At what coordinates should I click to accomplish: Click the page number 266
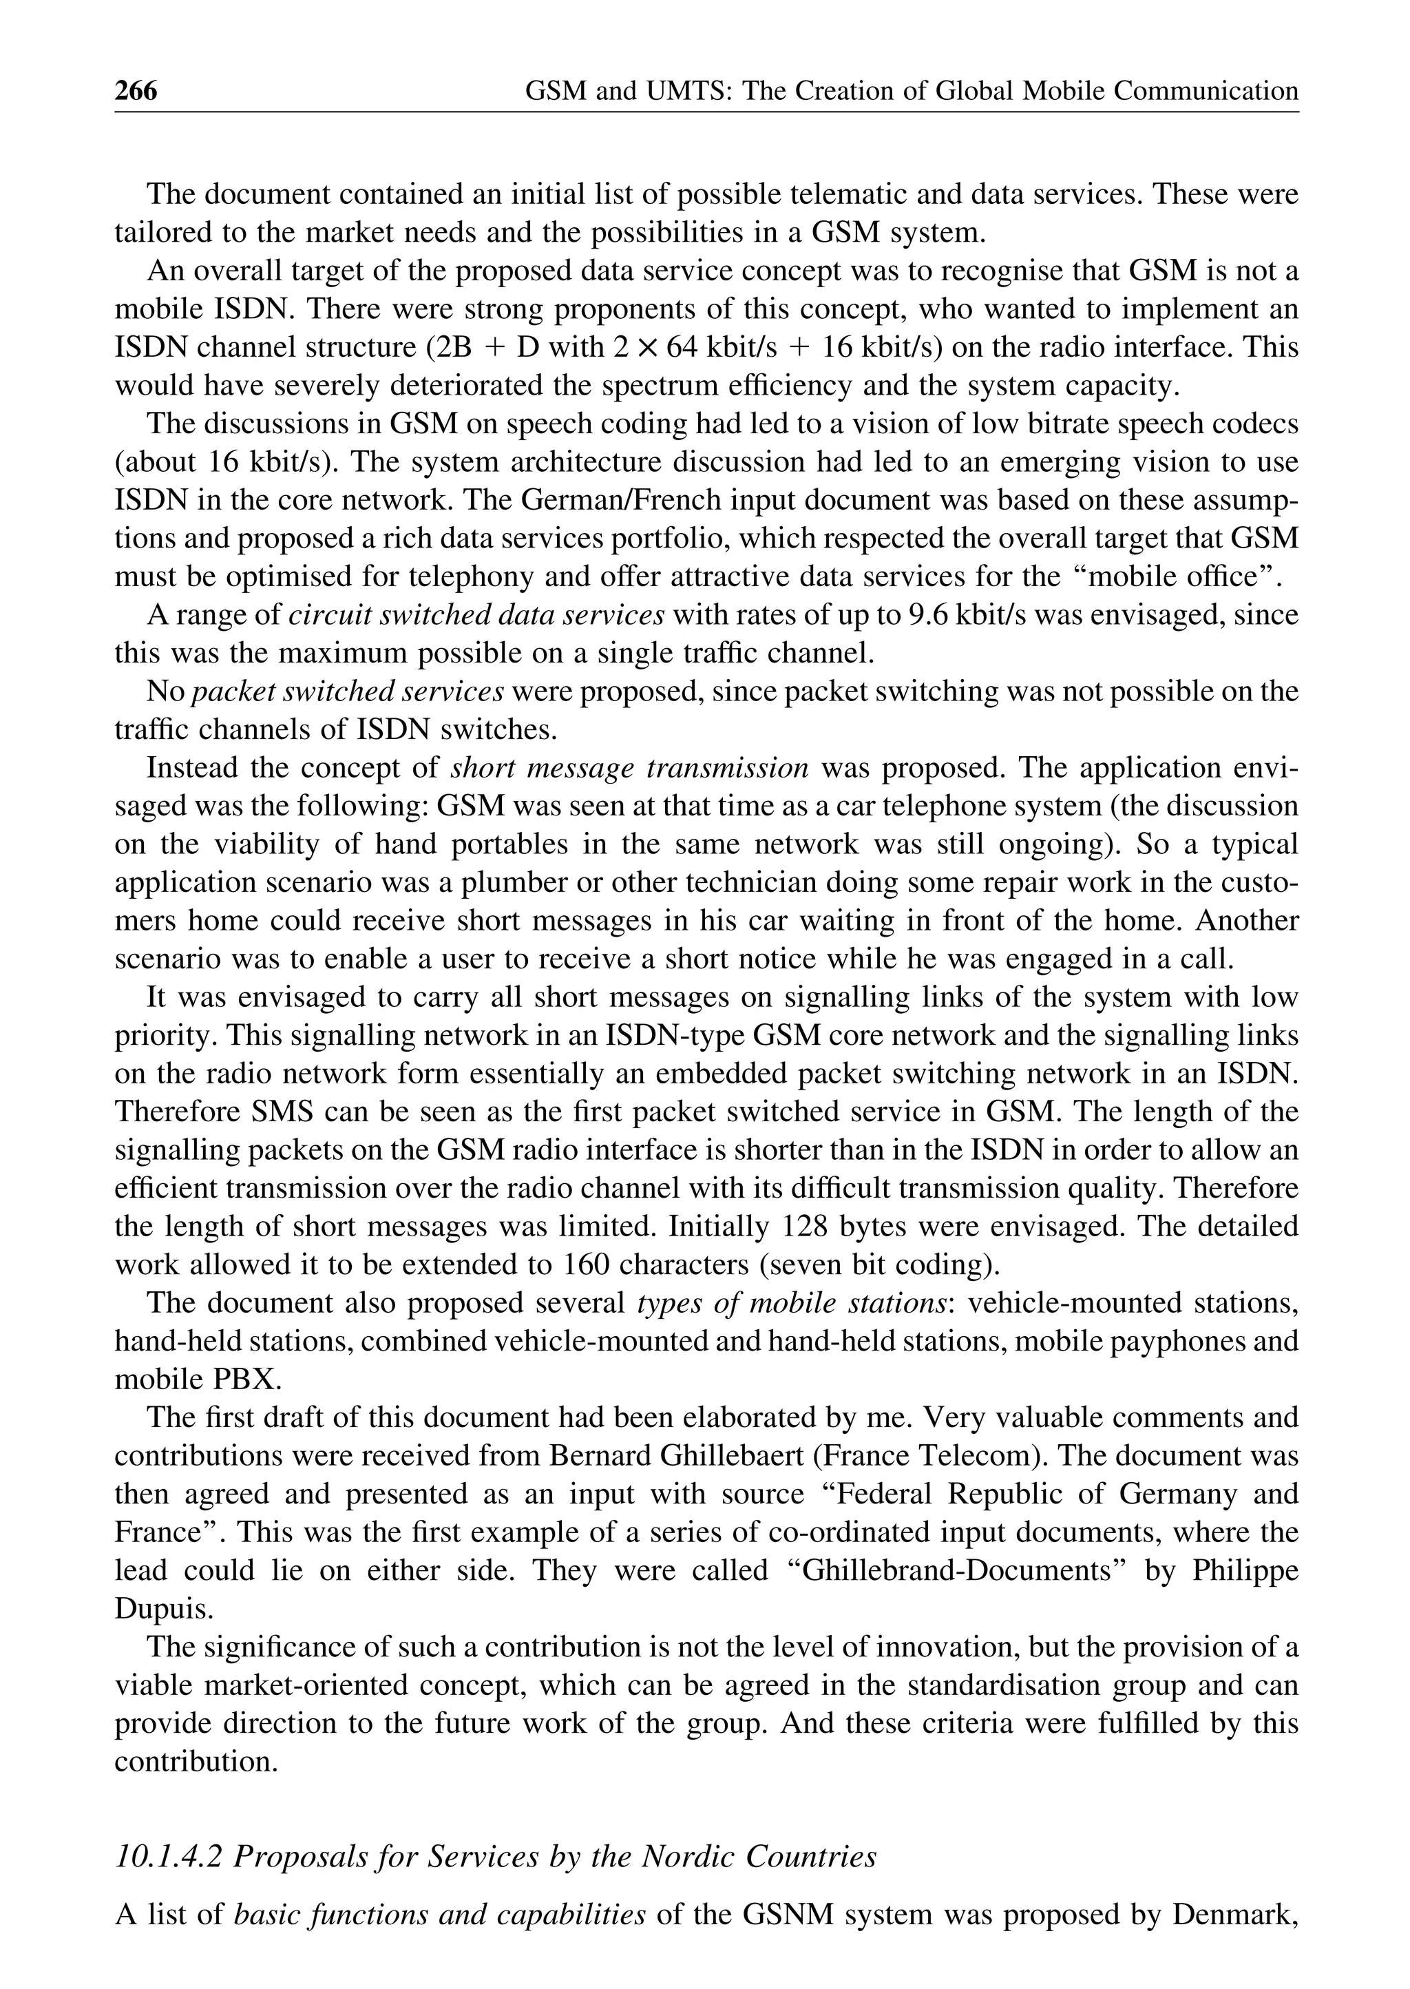(136, 90)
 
